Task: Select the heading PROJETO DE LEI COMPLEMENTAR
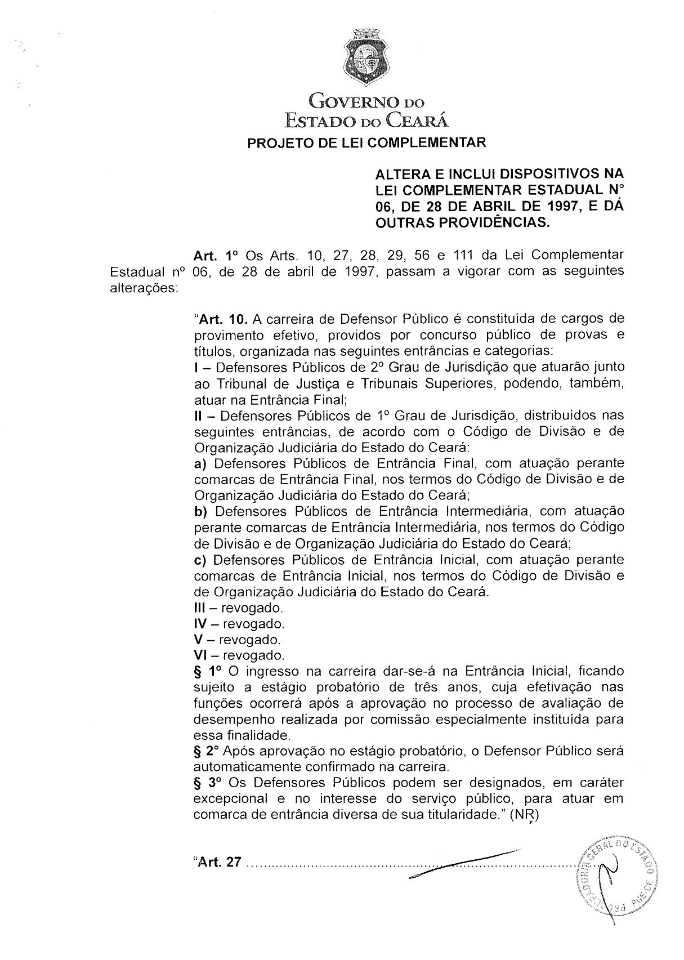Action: point(366,142)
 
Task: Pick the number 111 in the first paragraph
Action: point(464,256)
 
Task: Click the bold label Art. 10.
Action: point(220,320)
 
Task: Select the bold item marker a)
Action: point(201,464)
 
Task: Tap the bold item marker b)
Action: point(201,512)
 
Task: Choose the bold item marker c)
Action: point(200,560)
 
